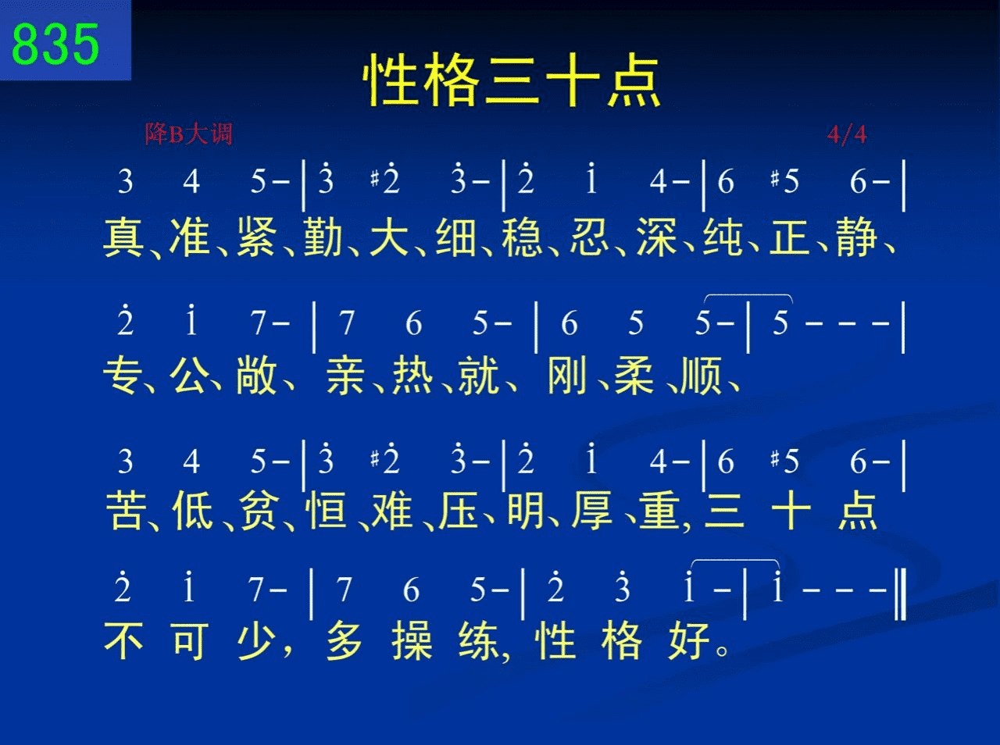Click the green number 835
55,44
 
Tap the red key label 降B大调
188,134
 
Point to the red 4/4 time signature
847,135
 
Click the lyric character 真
123,237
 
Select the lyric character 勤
323,237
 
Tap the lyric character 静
856,237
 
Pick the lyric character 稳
522,237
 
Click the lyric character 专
122,375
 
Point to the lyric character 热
412,375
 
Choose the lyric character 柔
634,375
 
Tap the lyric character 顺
701,375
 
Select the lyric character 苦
127,510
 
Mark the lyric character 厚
592,510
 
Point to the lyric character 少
256,641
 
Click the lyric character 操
412,641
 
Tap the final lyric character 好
689,641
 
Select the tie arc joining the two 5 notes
748,295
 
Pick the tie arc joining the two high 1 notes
734,561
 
